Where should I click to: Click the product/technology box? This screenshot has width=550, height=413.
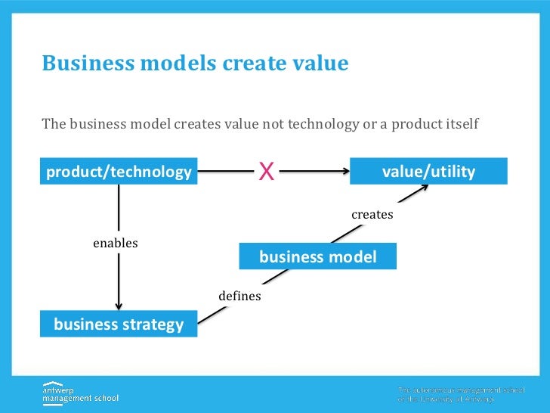point(119,172)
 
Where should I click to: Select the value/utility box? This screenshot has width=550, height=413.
point(428,172)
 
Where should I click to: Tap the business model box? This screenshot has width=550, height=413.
point(317,257)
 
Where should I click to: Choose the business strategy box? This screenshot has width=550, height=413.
point(119,324)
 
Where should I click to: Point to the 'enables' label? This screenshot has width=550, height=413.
point(115,243)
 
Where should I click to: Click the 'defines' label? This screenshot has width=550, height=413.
point(239,296)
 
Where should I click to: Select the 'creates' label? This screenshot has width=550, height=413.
point(372,215)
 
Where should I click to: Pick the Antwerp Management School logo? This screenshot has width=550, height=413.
point(80,392)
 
